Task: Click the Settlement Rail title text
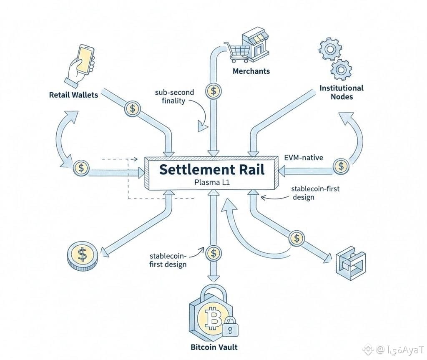[x=212, y=170]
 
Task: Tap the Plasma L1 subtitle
[x=212, y=182]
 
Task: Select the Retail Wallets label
[x=73, y=95]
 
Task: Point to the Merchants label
[x=251, y=71]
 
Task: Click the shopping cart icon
[x=235, y=52]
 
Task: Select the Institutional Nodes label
[x=342, y=92]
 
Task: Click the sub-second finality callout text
[x=174, y=96]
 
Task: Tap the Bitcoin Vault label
[x=214, y=347]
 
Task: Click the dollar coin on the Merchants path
[x=213, y=91]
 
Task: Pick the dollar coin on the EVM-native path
[x=342, y=166]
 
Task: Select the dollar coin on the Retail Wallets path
[x=133, y=109]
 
